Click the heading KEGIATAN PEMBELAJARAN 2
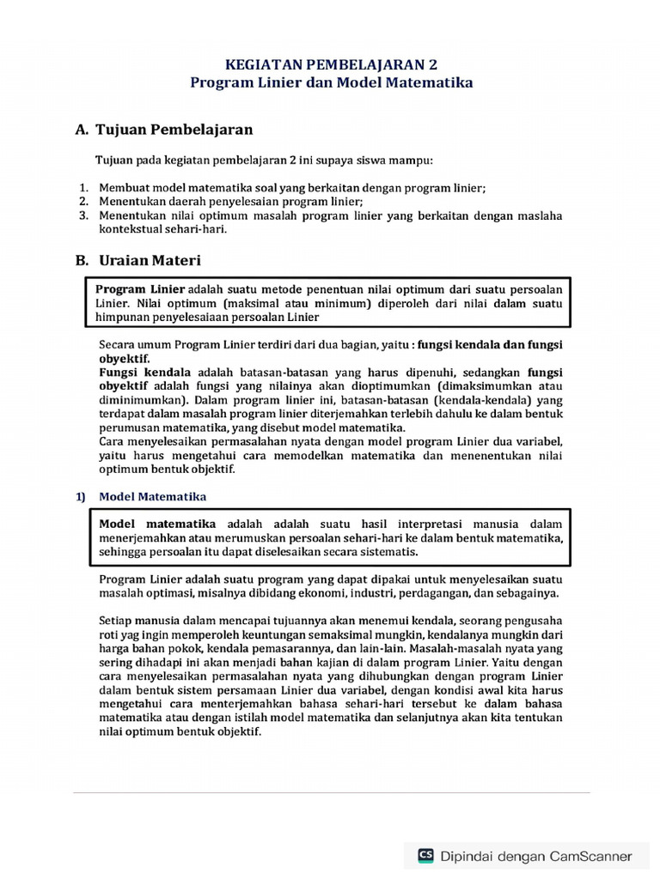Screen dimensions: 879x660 coord(331,64)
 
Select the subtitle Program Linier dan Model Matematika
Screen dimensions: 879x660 coord(331,82)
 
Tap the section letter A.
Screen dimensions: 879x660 coord(82,130)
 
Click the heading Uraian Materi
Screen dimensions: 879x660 coord(147,259)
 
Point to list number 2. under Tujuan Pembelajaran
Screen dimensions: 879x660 coord(84,201)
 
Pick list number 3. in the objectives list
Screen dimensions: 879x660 coord(84,215)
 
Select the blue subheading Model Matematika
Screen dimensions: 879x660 coord(152,496)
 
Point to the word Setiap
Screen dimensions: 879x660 coord(117,621)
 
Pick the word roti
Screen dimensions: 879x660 coord(110,634)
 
